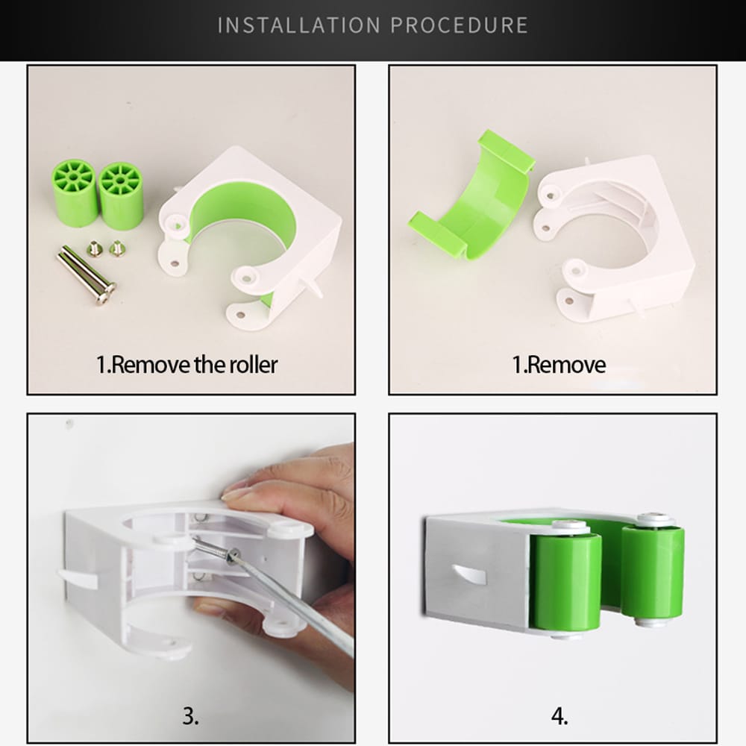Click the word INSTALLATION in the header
click(299, 25)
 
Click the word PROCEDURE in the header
click(460, 25)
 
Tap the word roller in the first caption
click(254, 365)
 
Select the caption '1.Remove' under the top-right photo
click(559, 365)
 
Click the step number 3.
click(191, 715)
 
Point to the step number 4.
click(559, 715)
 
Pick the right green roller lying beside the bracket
click(121, 196)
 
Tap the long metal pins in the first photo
click(87, 275)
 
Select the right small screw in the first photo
click(116, 248)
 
